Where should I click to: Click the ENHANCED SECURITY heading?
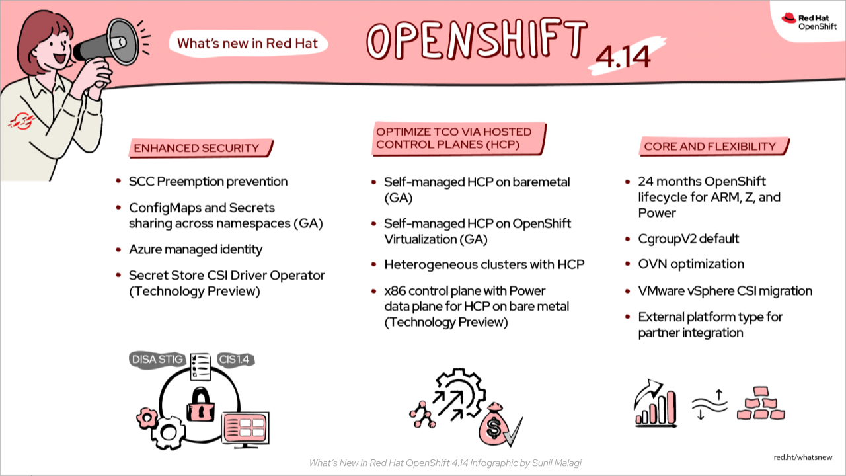coord(196,148)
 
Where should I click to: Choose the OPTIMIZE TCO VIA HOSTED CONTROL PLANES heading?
coord(453,138)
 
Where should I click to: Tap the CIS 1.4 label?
coord(235,360)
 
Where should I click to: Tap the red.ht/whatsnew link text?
coord(802,457)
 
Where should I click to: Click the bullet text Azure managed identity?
coord(196,249)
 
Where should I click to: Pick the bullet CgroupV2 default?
coord(688,238)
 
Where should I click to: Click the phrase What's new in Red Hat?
coord(248,44)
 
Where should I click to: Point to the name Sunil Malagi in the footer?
coord(562,463)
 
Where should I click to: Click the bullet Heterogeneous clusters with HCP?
coord(484,264)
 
